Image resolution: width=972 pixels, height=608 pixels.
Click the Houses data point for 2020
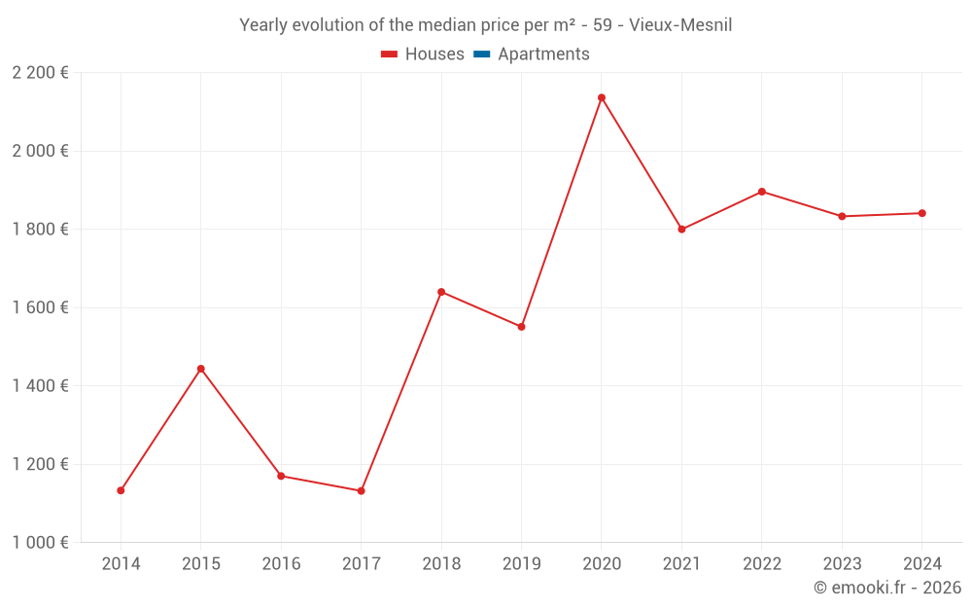602,97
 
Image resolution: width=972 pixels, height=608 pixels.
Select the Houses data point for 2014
121,490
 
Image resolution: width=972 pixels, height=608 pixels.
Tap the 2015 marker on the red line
201,369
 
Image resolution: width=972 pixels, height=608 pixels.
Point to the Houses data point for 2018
441,292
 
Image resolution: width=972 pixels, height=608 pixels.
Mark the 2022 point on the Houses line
762,192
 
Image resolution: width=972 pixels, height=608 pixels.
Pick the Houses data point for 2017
361,491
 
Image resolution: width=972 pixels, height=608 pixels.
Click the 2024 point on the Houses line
922,213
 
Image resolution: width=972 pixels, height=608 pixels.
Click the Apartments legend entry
543,54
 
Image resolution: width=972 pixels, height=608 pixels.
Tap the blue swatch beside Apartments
481,54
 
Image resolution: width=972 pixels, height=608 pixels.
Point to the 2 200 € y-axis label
41,73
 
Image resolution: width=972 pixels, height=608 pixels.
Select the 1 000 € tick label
41,543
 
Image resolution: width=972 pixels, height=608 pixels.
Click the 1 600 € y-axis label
41,307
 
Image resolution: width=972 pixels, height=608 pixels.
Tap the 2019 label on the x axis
521,564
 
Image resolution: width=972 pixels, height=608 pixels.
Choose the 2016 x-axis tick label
281,564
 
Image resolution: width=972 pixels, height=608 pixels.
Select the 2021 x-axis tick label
681,564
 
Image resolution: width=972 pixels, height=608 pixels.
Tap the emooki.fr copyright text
887,588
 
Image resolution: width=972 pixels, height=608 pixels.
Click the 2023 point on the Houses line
842,216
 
